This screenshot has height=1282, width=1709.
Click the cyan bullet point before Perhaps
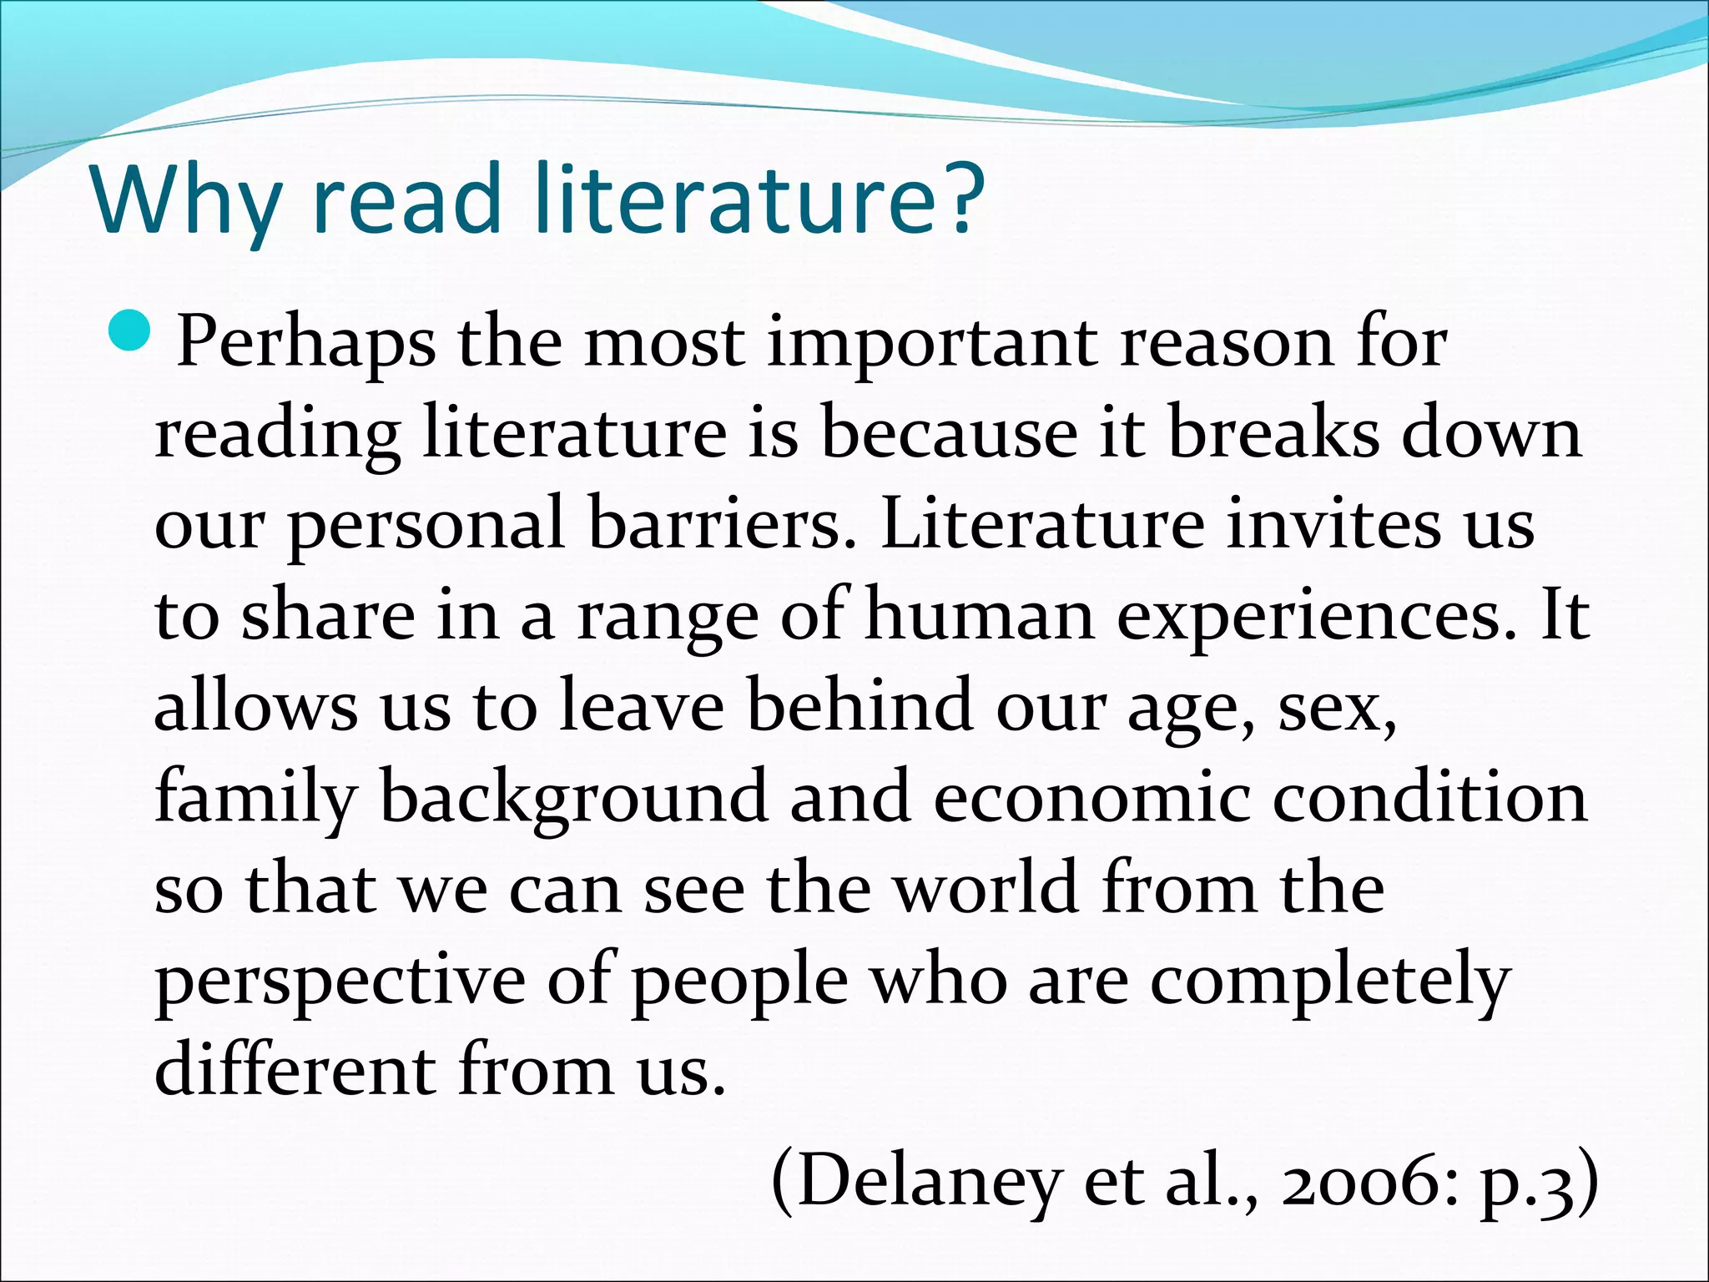129,331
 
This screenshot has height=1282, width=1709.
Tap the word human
980,616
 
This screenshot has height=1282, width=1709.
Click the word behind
860,706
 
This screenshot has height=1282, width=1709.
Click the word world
986,888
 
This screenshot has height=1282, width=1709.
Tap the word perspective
340,982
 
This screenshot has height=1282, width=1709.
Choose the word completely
1330,982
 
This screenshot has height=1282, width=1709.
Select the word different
295,1070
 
